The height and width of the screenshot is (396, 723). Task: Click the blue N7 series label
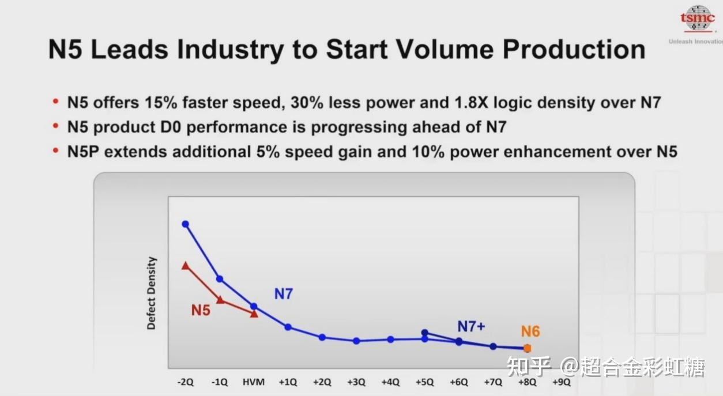[x=284, y=294]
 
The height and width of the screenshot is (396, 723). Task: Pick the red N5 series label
[x=201, y=310]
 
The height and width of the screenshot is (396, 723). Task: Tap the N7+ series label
[x=471, y=327]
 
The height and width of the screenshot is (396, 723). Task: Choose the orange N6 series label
[x=530, y=331]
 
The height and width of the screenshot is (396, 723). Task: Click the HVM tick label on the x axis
[x=254, y=382]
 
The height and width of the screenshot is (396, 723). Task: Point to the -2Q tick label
[x=186, y=382]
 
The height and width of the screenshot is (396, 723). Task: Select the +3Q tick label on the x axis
[x=356, y=382]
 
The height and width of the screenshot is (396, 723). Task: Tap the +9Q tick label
[x=561, y=382]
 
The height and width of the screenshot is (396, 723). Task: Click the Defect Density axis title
[x=152, y=293]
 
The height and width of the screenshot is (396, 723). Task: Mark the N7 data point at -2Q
[x=185, y=224]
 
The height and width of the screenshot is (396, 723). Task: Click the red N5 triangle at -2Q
[x=185, y=266]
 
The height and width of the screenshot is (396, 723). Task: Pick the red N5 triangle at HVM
[x=254, y=314]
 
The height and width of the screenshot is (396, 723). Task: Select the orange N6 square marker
[x=527, y=348]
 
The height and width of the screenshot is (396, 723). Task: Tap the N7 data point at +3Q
[x=356, y=341]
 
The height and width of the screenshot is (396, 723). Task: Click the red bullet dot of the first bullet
[x=56, y=102]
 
